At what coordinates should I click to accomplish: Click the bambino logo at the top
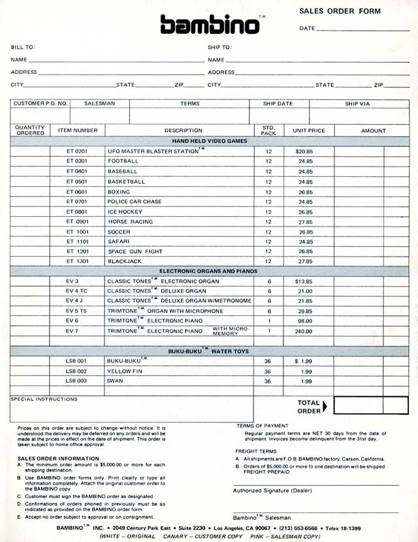pos(210,24)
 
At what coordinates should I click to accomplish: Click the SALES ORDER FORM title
pos(340,11)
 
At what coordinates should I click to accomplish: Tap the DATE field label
pos(307,29)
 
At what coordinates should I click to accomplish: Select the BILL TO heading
pos(23,47)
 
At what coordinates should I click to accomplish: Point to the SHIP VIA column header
pos(358,103)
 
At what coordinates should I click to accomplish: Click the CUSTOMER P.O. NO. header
pos(40,103)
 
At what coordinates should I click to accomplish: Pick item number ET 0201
pos(77,151)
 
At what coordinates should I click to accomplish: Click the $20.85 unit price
pos(304,151)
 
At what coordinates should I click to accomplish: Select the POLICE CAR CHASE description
pos(135,202)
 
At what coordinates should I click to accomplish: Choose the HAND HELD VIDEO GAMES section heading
pos(210,140)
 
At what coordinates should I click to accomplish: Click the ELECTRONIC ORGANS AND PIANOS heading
pos(208,271)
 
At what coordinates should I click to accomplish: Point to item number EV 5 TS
pos(77,311)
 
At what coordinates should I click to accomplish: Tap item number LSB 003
pos(76,381)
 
